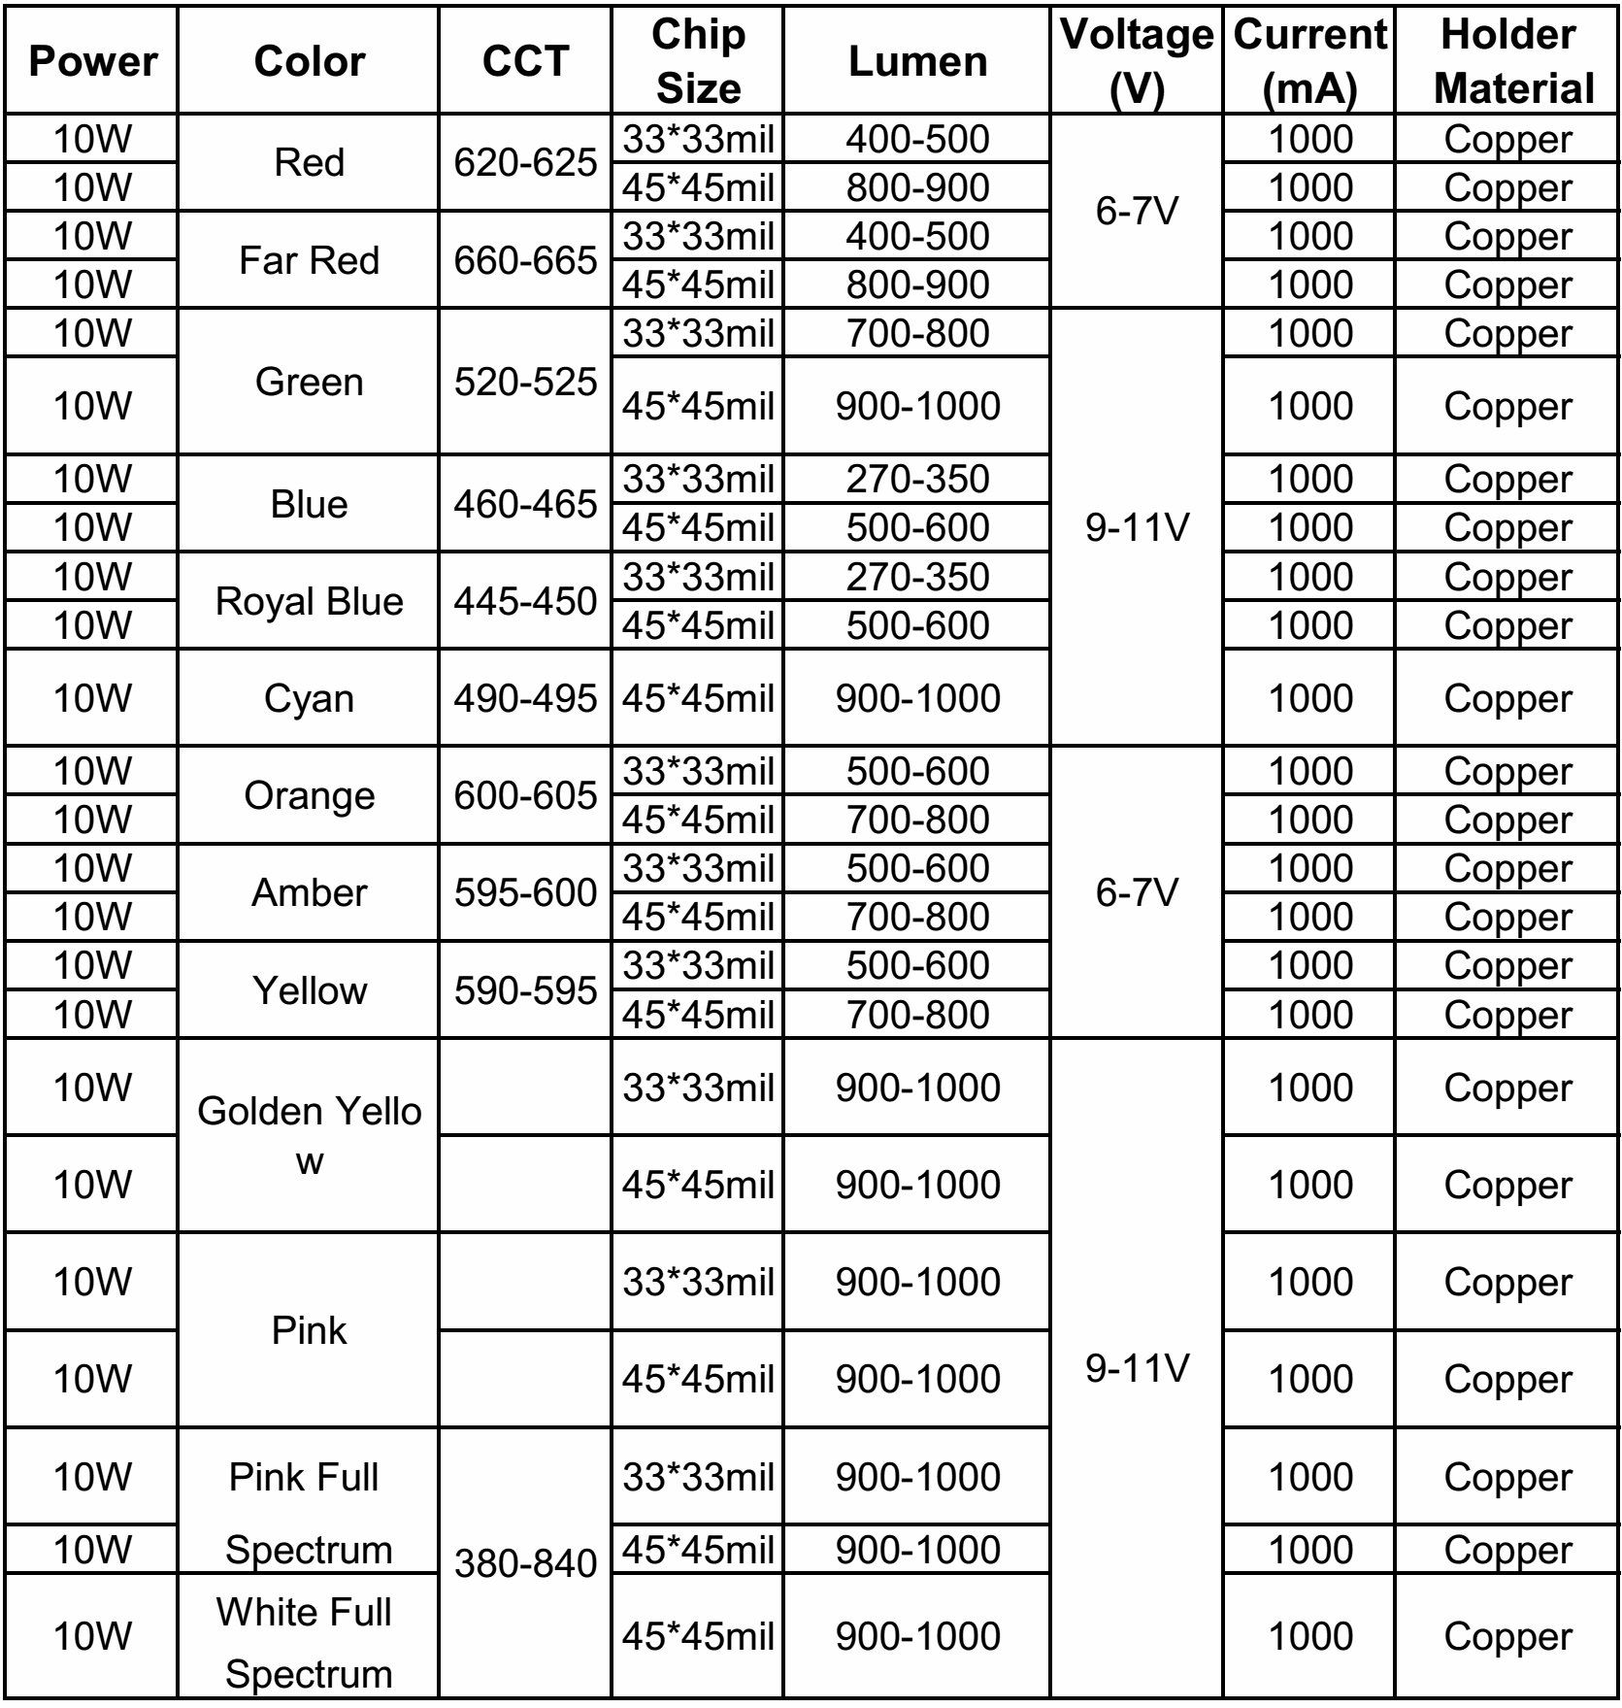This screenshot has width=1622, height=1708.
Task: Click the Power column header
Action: tap(92, 61)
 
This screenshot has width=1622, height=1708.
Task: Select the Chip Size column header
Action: tap(698, 61)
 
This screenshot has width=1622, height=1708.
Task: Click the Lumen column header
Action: tap(917, 61)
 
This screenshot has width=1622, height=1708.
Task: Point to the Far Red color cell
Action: tap(309, 260)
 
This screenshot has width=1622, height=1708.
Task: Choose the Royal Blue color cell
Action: tap(309, 601)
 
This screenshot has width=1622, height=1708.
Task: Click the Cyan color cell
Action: tap(309, 698)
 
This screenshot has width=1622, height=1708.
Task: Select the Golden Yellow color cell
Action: tap(309, 1135)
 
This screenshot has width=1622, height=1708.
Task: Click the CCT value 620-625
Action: tap(525, 162)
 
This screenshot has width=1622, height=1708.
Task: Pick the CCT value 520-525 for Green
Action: tap(525, 382)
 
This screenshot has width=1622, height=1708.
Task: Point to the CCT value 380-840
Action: tap(525, 1563)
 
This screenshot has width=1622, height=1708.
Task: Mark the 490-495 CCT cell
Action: tap(525, 698)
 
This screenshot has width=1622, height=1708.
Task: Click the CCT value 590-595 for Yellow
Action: tap(525, 990)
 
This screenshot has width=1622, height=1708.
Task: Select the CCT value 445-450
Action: tap(525, 601)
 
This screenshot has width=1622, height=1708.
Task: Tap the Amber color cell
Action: tap(309, 892)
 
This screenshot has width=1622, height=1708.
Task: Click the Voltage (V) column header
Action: tap(1137, 61)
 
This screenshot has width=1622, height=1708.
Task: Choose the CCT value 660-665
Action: tap(525, 260)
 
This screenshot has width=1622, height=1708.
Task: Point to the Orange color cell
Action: tap(309, 795)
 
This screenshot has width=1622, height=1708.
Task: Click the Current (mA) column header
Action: tap(1309, 61)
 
